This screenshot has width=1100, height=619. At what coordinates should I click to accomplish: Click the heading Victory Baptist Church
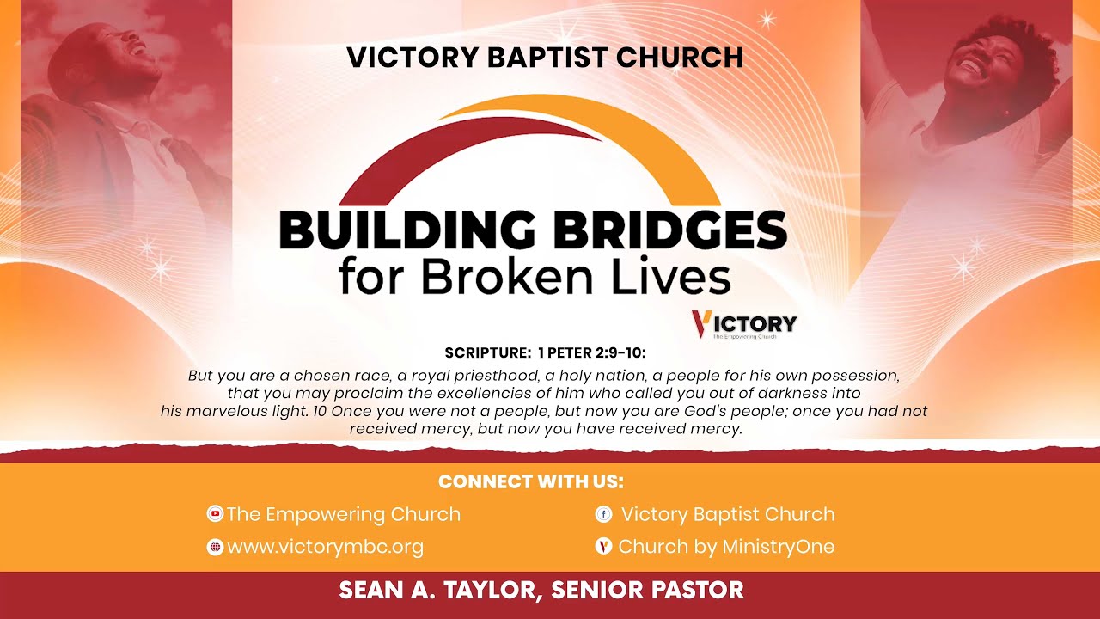[x=545, y=58]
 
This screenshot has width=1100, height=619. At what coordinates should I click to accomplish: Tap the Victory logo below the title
[x=744, y=324]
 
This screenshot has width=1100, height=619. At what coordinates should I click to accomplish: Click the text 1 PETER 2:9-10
[x=591, y=352]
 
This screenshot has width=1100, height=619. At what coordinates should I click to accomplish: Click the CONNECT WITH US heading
[x=530, y=481]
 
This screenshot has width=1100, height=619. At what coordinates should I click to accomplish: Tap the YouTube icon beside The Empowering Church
[x=215, y=514]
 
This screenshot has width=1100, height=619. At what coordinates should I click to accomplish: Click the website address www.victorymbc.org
[x=325, y=547]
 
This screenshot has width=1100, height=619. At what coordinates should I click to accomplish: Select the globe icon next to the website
[x=215, y=547]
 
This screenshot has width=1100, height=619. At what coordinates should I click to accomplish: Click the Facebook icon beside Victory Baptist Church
[x=603, y=514]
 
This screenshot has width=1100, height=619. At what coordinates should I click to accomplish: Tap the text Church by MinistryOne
[x=726, y=547]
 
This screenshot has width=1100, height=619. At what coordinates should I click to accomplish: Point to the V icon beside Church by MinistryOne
[x=603, y=547]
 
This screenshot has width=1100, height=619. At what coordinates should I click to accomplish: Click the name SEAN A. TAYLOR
[x=439, y=591]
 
